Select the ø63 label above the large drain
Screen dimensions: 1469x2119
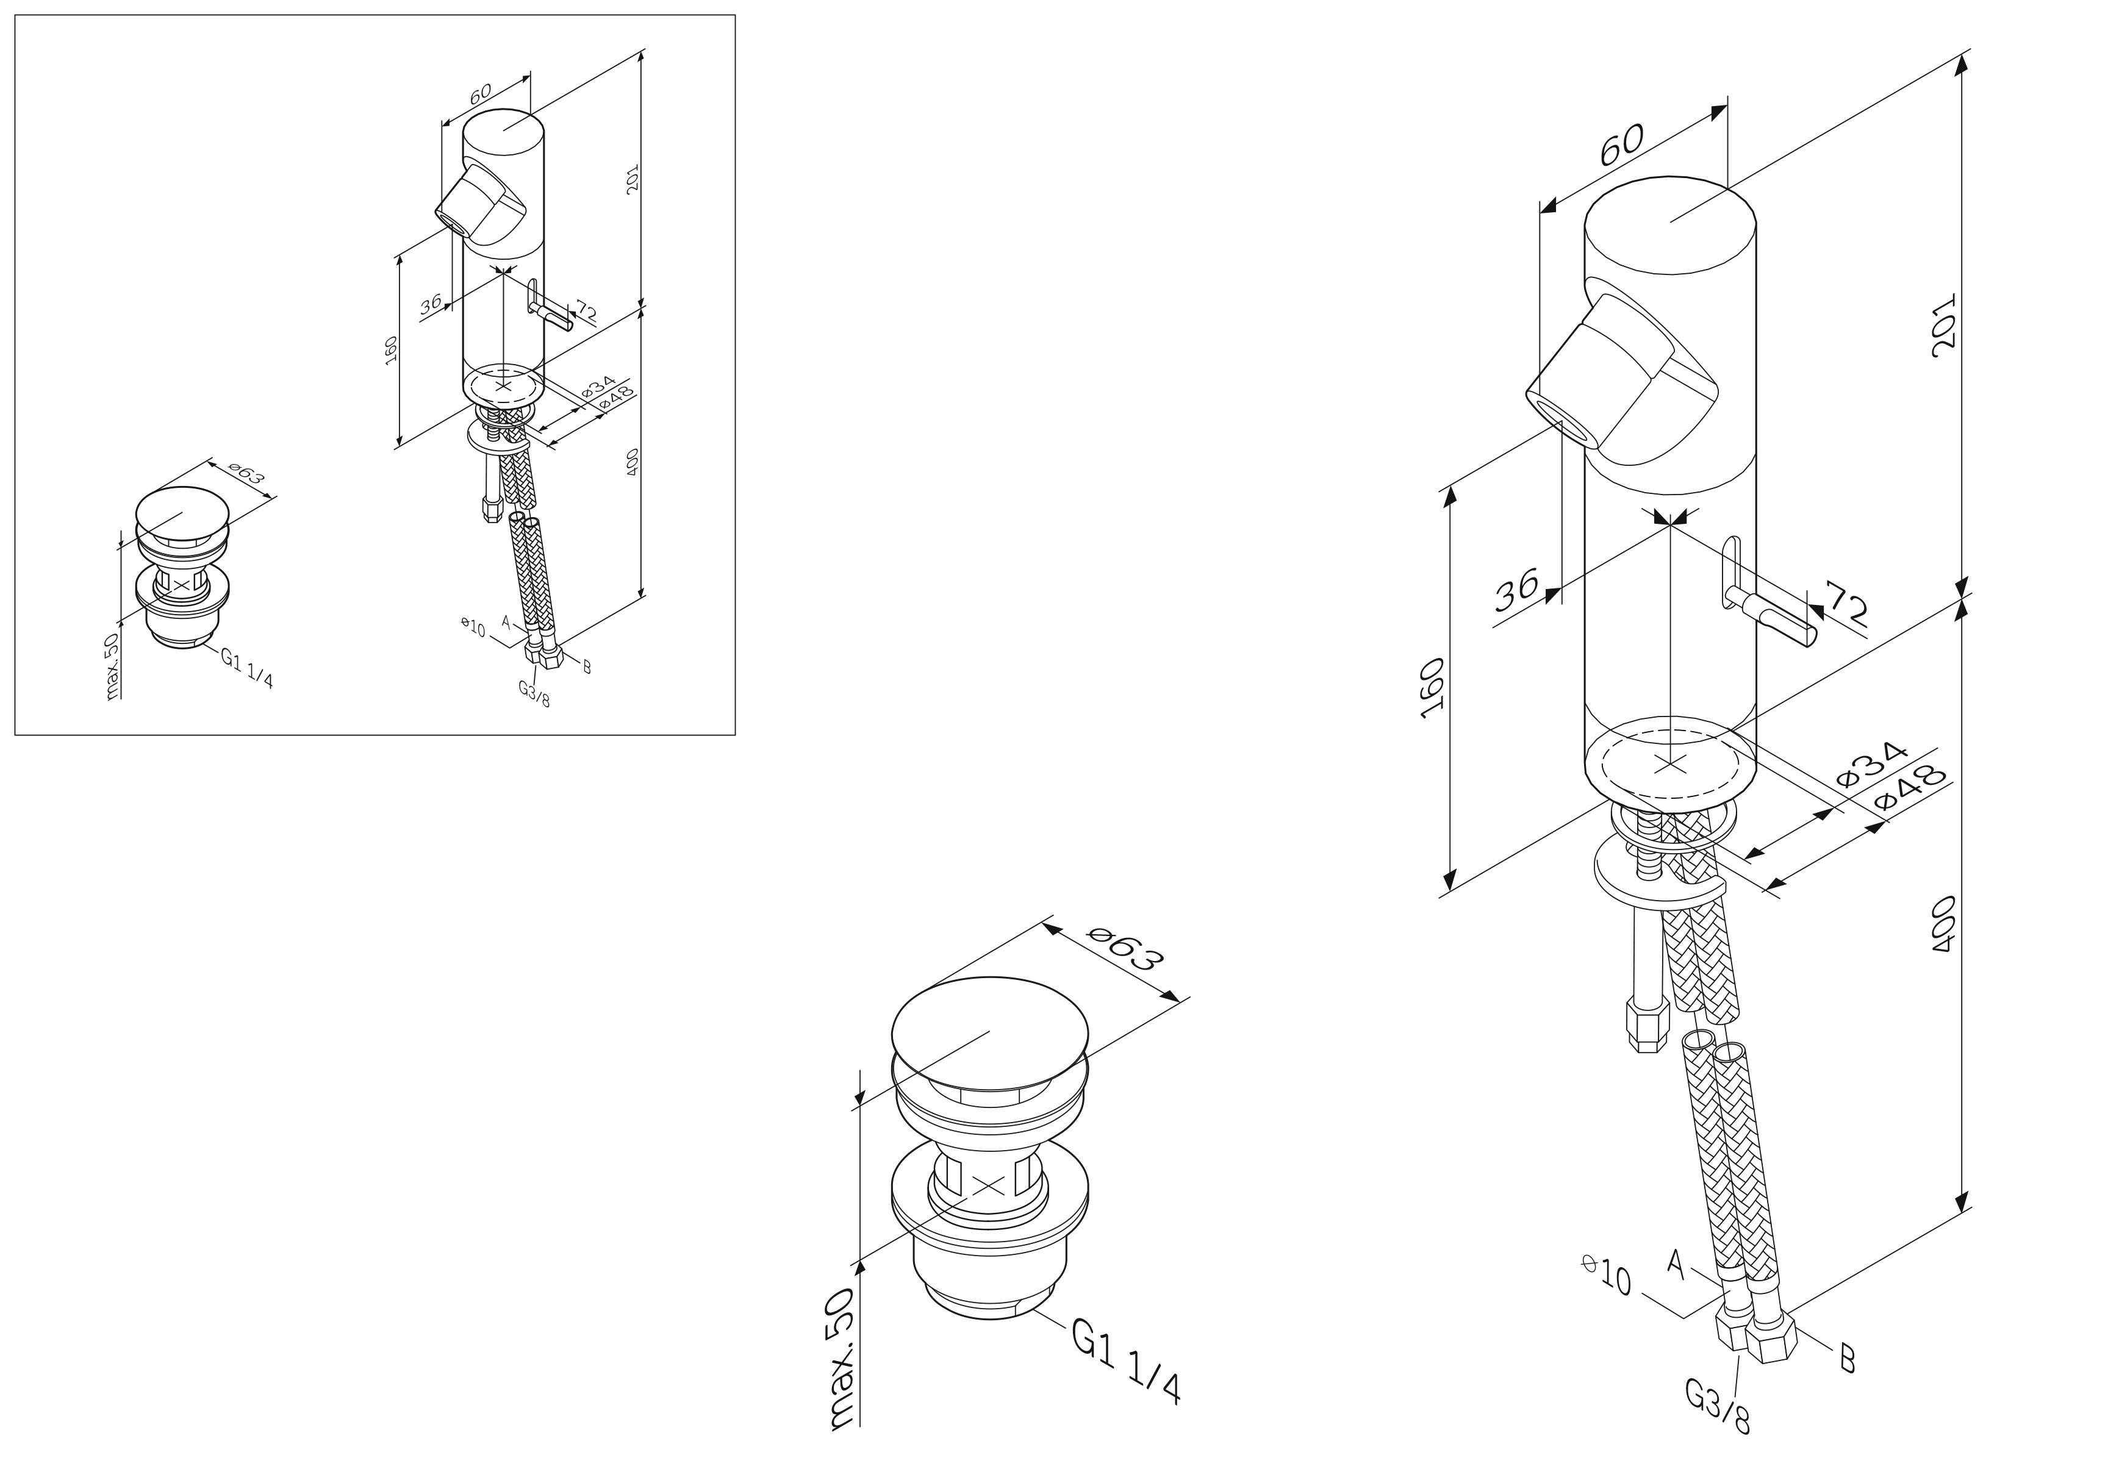click(1124, 949)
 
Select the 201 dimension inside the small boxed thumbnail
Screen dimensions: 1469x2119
click(631, 179)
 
